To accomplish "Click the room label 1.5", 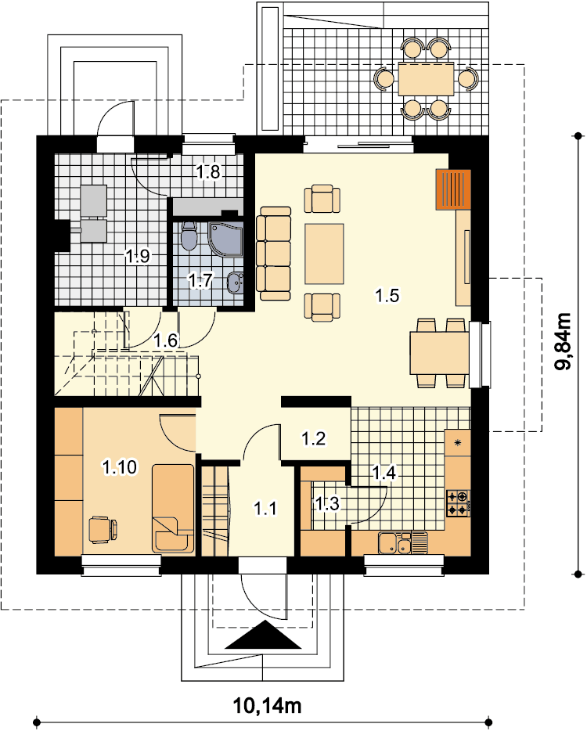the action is pyautogui.click(x=387, y=295).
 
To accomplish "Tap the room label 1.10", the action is pyautogui.click(x=120, y=466).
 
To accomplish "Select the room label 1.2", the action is pyautogui.click(x=313, y=438).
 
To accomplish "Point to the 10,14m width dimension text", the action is pyautogui.click(x=267, y=705).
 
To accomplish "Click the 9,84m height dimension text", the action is pyautogui.click(x=564, y=340).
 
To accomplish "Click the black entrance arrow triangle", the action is pyautogui.click(x=264, y=635).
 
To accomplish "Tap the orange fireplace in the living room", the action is pyautogui.click(x=453, y=189).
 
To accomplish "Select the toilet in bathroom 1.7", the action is pyautogui.click(x=189, y=236).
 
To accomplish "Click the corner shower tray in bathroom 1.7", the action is pyautogui.click(x=225, y=239).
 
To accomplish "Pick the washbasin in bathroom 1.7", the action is pyautogui.click(x=236, y=282).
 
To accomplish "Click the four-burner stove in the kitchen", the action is pyautogui.click(x=458, y=503).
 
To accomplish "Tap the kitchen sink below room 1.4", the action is pyautogui.click(x=403, y=543).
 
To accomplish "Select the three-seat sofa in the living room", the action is pyautogui.click(x=273, y=253).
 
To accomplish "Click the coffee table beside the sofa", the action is pyautogui.click(x=325, y=254).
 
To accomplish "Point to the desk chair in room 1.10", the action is pyautogui.click(x=103, y=529).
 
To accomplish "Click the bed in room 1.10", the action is pyautogui.click(x=172, y=508).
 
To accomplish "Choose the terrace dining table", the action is pyautogui.click(x=426, y=78).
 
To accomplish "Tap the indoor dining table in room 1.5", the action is pyautogui.click(x=440, y=353).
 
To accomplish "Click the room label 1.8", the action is pyautogui.click(x=208, y=172).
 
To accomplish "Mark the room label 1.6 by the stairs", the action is pyautogui.click(x=166, y=340).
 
